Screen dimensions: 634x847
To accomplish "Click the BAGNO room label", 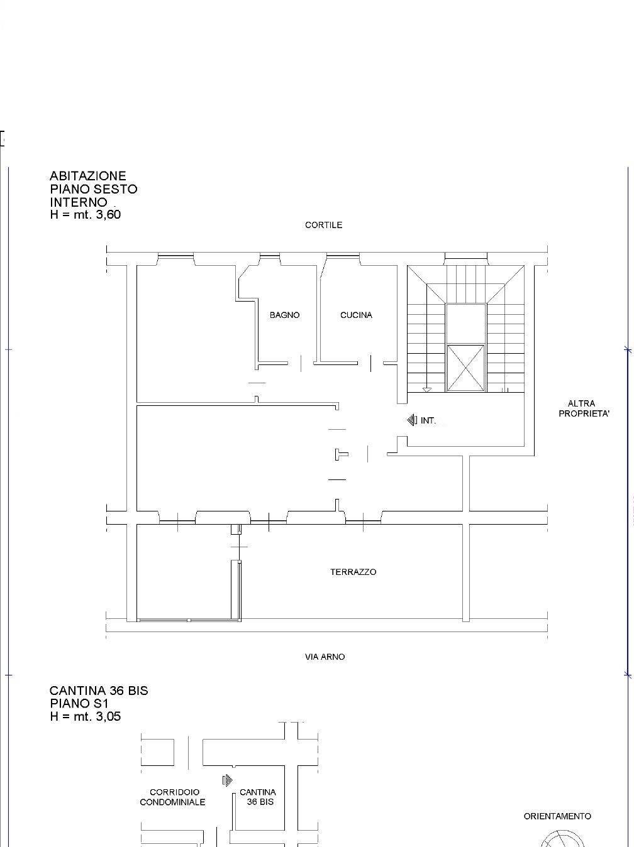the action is (x=284, y=315).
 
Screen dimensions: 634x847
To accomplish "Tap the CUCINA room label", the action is (x=356, y=315).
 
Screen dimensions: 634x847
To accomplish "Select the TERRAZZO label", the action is (x=353, y=572).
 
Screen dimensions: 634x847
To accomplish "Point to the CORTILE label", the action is (x=323, y=225).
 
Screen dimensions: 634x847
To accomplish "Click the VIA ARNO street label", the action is (x=325, y=657).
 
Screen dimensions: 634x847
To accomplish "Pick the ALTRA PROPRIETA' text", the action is (x=584, y=408).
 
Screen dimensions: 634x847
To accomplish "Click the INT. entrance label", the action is (x=428, y=420).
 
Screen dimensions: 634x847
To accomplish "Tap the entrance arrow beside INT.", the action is (x=412, y=420).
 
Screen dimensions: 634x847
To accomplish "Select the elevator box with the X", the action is (x=465, y=368).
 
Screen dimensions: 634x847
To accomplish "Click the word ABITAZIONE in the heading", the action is (x=88, y=176).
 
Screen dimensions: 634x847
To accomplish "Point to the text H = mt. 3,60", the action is (x=86, y=214).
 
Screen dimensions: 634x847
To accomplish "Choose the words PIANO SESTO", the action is (x=94, y=189).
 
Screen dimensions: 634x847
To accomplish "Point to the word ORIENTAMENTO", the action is (x=557, y=816).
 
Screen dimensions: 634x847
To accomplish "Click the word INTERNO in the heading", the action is (x=79, y=202).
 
